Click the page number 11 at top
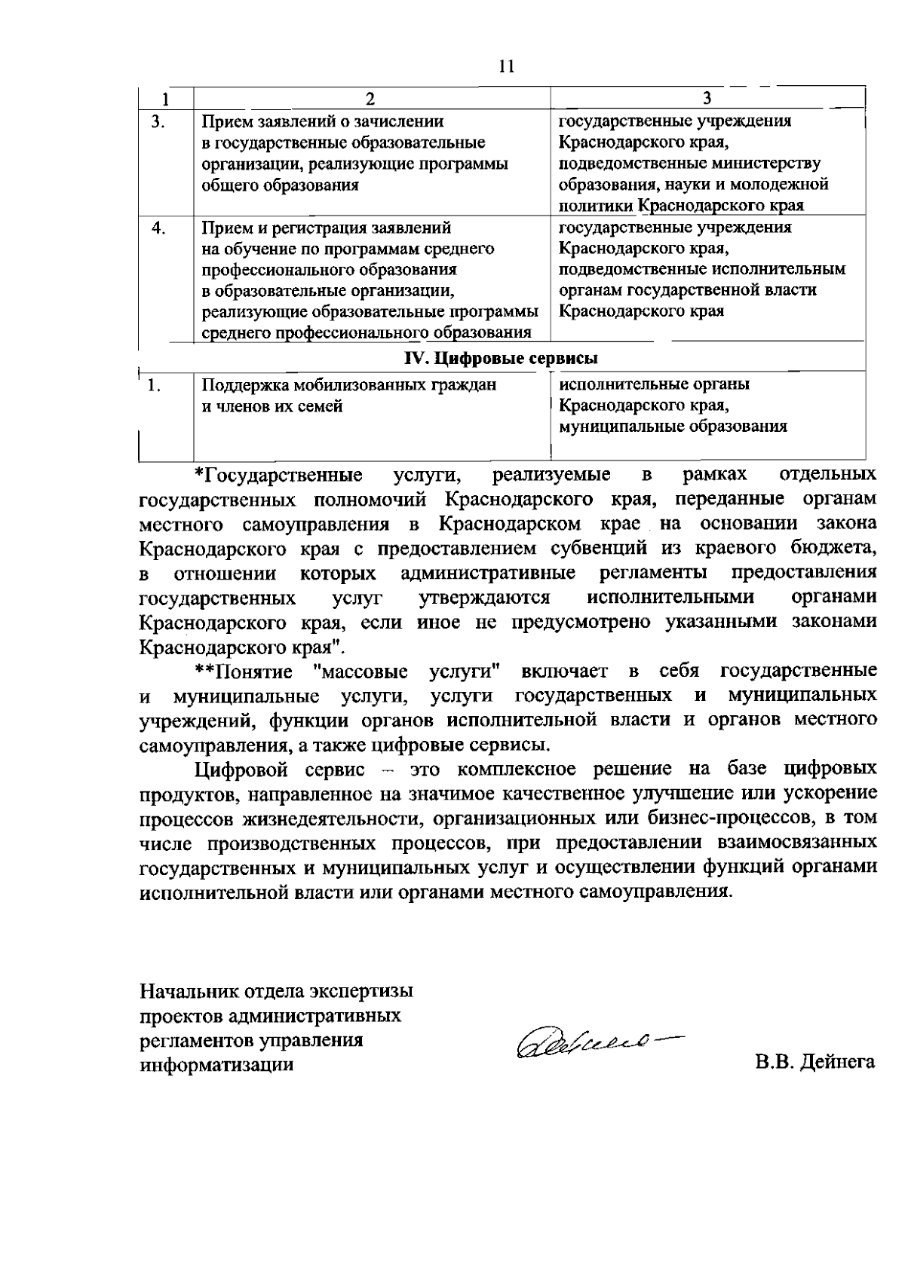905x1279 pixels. (506, 66)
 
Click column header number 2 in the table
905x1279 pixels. (370, 99)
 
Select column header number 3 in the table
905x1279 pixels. (707, 99)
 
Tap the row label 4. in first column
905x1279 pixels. (158, 228)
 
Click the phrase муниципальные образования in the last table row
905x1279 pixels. (673, 427)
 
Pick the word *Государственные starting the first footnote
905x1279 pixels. (278, 476)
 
